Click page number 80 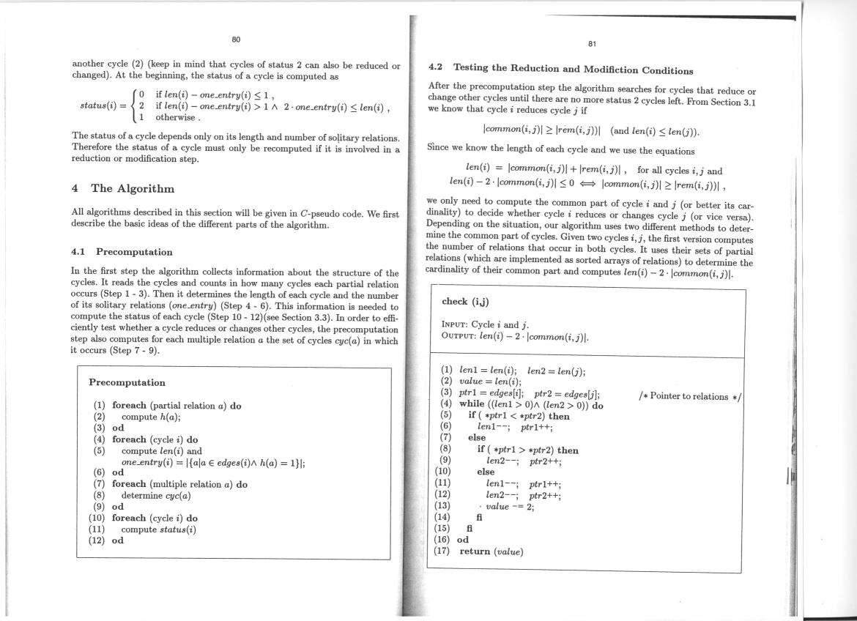[x=236, y=39]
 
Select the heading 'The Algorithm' [x=133, y=188]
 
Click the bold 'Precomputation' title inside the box [x=127, y=382]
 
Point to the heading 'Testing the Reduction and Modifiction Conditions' [x=573, y=70]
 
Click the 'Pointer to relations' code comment [x=690, y=396]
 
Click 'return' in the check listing [x=475, y=551]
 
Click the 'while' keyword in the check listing [x=473, y=404]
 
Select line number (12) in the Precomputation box [x=97, y=541]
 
